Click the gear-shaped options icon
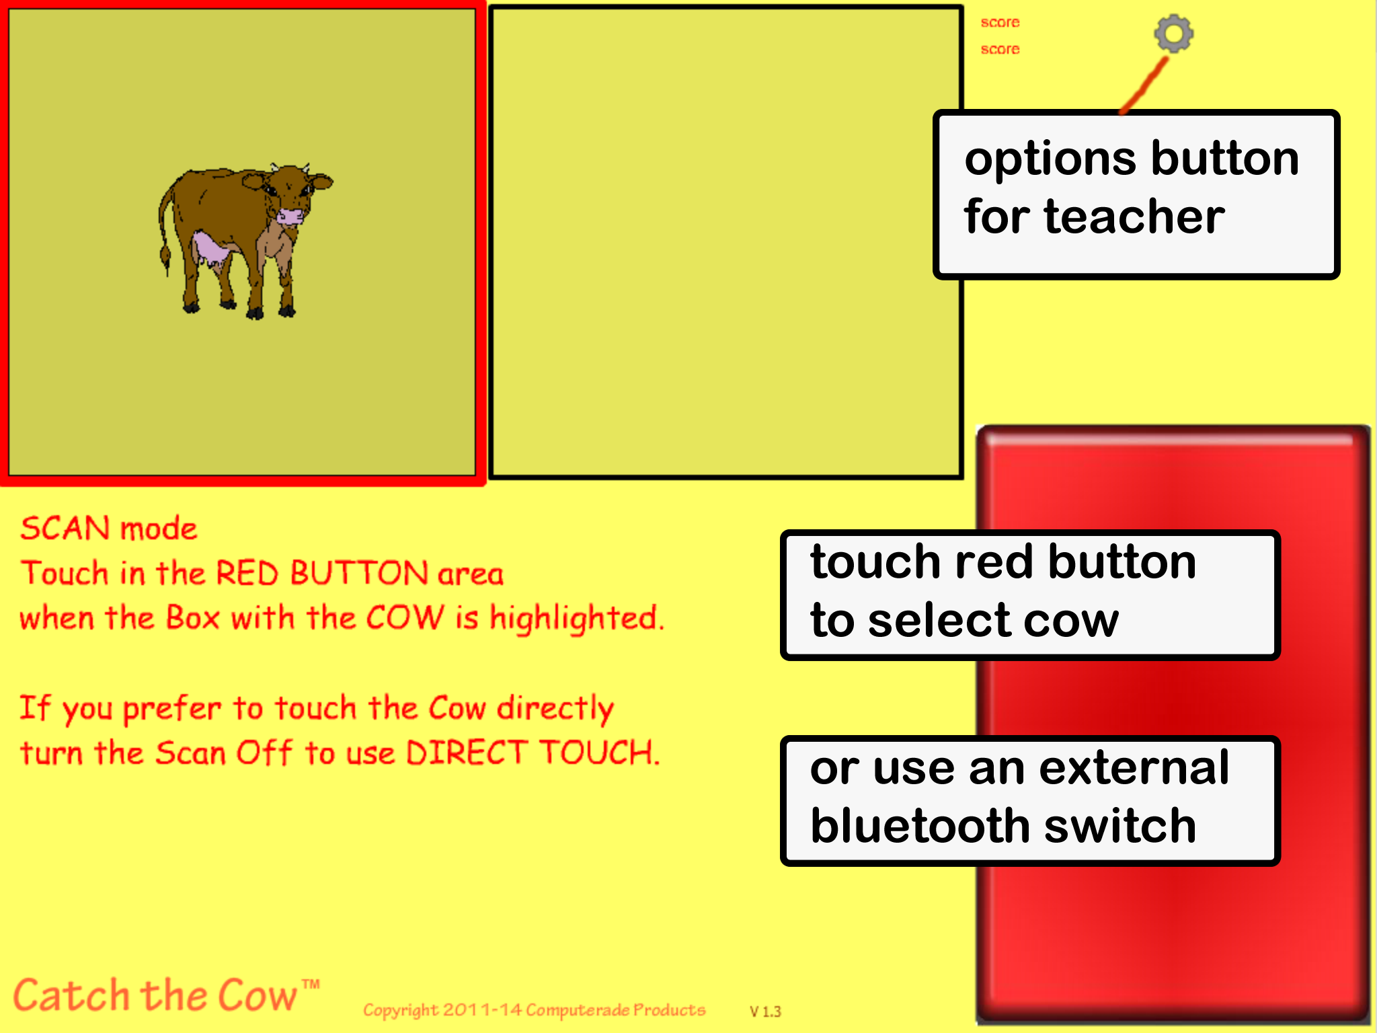[1173, 34]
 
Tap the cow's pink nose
[291, 216]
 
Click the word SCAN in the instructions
[65, 529]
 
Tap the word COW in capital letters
[405, 617]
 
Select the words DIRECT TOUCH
[530, 753]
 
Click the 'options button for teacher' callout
[1136, 194]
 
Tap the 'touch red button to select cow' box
[1030, 595]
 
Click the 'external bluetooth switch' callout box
[1030, 801]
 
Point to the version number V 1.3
[765, 1011]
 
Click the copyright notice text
[535, 1010]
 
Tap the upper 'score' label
[1000, 23]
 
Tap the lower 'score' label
[1000, 50]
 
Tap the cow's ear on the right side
[321, 182]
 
